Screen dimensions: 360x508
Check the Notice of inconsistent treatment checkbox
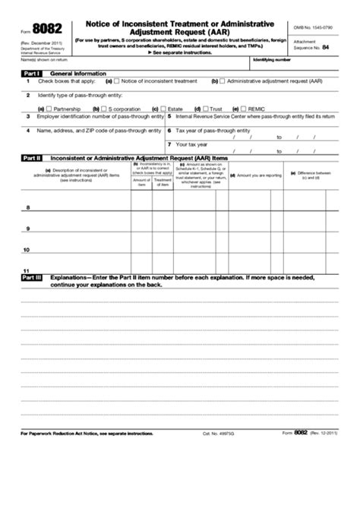click(117, 80)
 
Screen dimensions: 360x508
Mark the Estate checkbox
click(163, 109)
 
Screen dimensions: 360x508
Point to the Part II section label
click(31, 157)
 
